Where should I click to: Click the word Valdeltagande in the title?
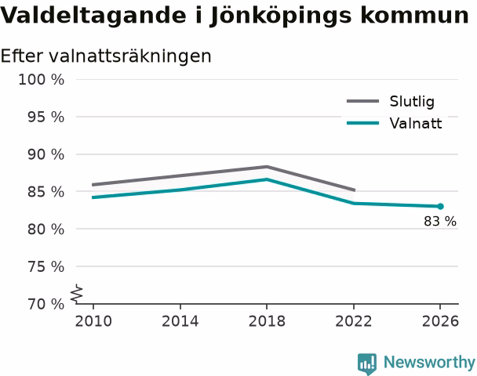tap(93, 16)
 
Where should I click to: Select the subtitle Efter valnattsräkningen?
tap(106, 56)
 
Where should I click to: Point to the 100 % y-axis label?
tap(42, 80)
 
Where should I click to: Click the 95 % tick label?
tap(46, 117)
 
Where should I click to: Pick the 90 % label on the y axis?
tap(46, 154)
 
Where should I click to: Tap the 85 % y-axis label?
tap(46, 192)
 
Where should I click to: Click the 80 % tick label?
tap(46, 229)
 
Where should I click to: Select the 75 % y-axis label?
tap(46, 266)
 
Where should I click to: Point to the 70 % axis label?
tap(46, 304)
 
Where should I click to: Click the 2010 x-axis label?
tap(93, 321)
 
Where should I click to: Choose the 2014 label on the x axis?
tap(180, 321)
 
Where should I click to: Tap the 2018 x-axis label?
tap(267, 321)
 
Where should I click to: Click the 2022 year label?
tap(354, 321)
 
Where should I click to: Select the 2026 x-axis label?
tap(440, 321)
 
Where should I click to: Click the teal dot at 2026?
tap(440, 207)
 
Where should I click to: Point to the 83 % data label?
tap(440, 221)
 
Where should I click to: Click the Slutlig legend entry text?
tap(412, 101)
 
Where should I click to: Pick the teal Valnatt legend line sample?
tap(363, 123)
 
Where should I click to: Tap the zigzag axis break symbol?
tap(77, 294)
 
